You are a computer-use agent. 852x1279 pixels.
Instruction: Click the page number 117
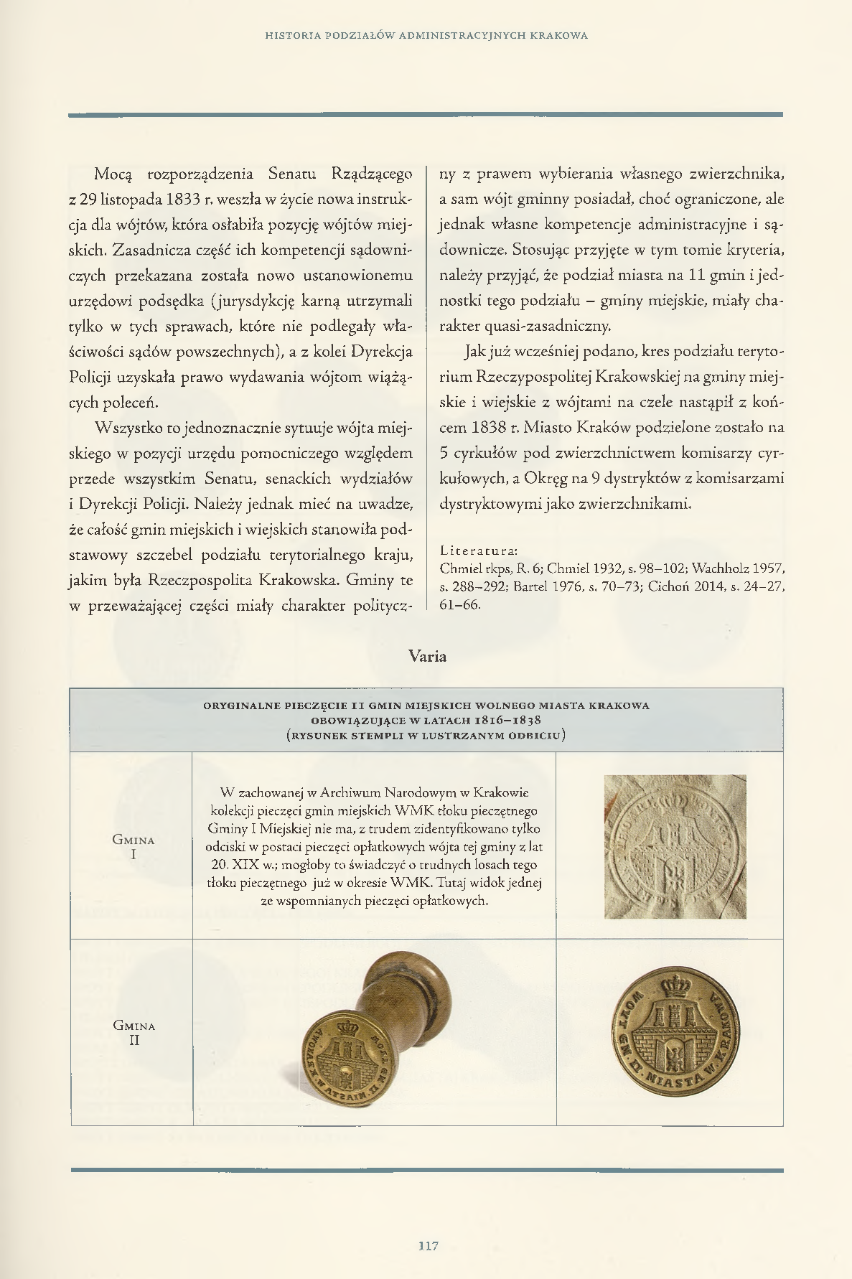(x=428, y=1245)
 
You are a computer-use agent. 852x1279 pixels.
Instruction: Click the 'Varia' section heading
(x=427, y=656)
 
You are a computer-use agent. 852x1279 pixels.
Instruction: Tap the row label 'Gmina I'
(x=134, y=847)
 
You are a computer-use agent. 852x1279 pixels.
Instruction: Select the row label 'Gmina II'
(x=134, y=1032)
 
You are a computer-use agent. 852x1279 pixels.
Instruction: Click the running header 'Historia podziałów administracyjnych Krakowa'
(x=426, y=35)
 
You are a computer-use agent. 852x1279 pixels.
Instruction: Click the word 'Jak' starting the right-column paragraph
(x=474, y=352)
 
